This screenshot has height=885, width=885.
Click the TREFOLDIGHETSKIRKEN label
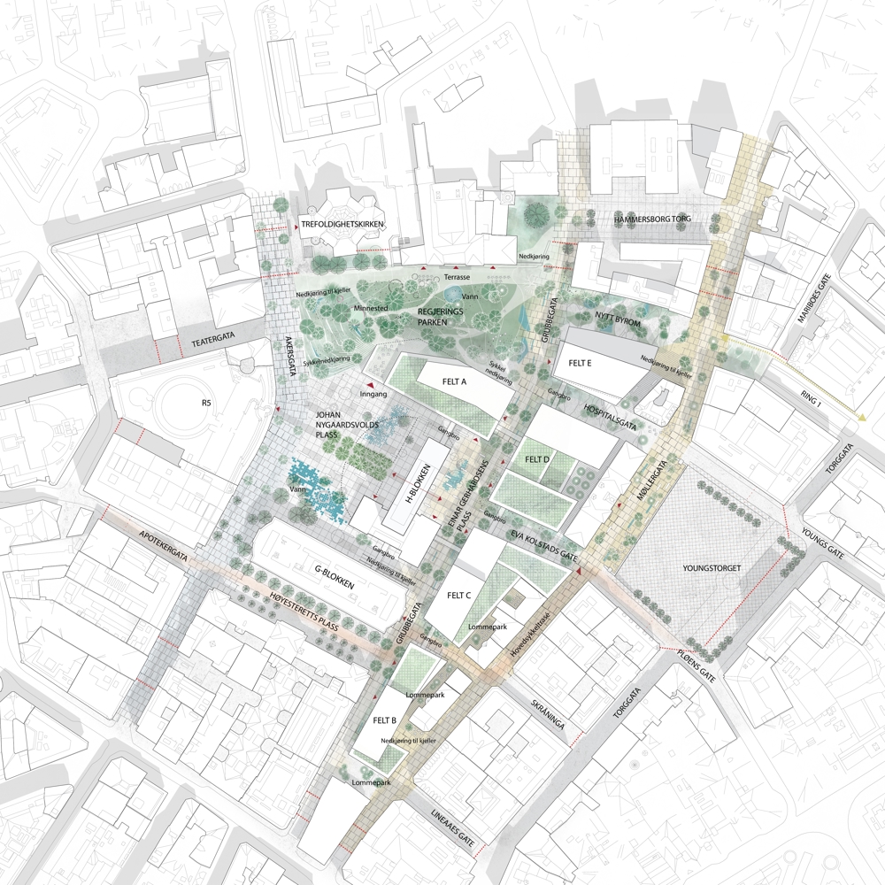click(342, 225)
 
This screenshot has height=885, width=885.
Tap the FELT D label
click(536, 460)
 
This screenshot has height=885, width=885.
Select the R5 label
click(207, 404)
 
